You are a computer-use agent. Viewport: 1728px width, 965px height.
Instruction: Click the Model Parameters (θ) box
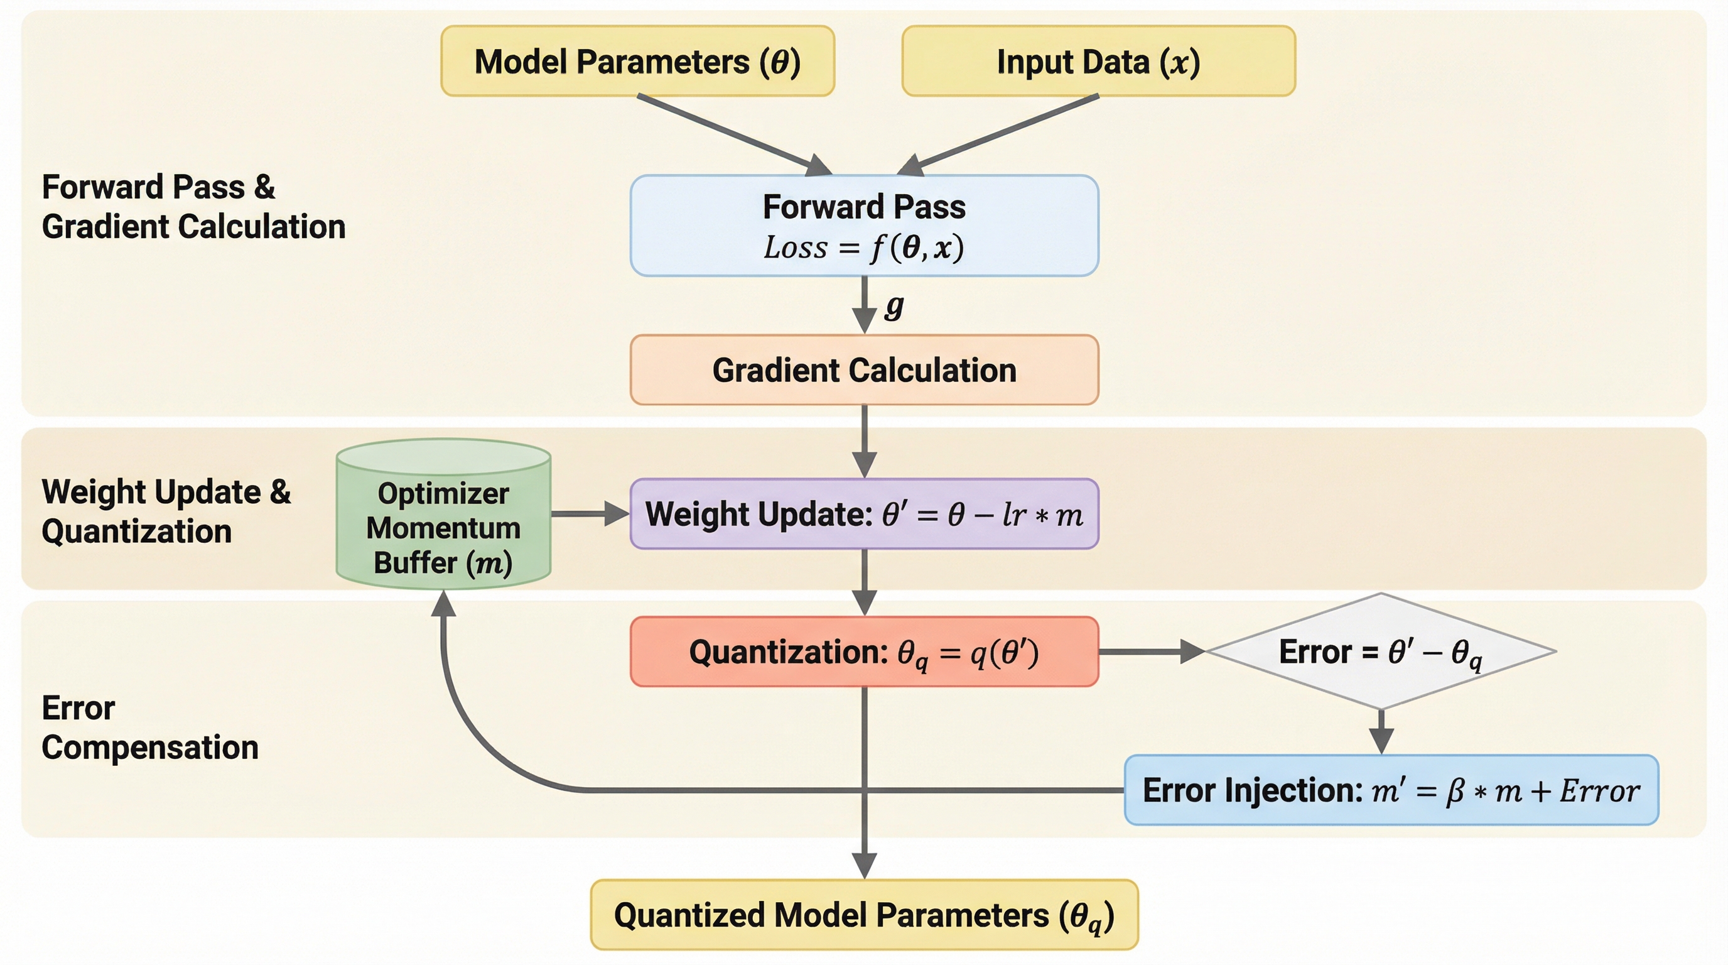click(637, 61)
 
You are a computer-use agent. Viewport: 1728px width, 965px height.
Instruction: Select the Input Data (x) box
click(1098, 61)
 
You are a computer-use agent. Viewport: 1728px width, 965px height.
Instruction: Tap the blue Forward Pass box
click(864, 226)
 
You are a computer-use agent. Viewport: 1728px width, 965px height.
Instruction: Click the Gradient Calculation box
click(864, 370)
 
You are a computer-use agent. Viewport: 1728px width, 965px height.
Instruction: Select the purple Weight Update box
click(864, 514)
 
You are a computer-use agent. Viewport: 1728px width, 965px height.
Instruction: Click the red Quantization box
click(864, 652)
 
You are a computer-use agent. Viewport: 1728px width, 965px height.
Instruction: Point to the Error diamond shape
click(1380, 652)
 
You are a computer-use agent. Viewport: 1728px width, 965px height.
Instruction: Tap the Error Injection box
click(1391, 790)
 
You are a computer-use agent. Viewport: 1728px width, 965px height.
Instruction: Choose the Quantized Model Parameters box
click(864, 915)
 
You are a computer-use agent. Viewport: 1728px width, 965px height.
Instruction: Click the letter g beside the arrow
click(894, 306)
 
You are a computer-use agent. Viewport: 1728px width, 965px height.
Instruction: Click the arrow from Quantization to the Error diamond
click(1151, 652)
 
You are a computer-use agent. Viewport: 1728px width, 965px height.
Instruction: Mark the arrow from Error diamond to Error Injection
click(1381, 731)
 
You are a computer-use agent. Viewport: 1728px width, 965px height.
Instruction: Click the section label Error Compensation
click(149, 728)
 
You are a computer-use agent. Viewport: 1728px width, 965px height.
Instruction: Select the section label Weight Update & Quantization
click(166, 511)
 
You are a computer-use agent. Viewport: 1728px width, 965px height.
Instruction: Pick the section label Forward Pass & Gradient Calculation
click(193, 207)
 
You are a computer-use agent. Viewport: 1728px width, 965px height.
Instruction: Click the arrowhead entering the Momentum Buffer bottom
click(443, 603)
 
